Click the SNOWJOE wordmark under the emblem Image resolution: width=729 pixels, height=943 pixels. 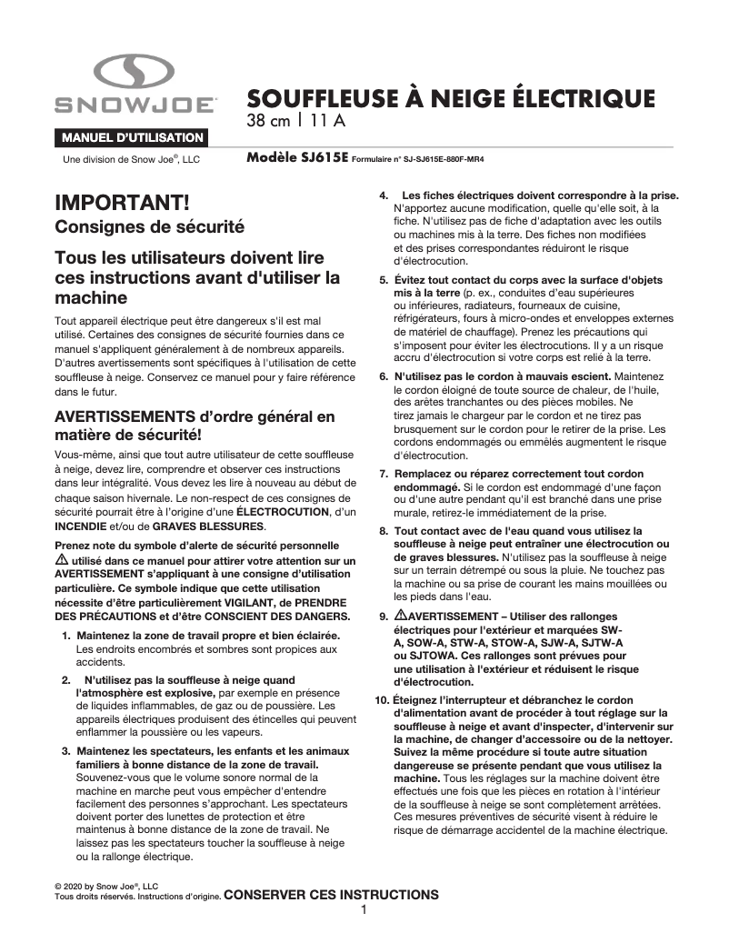coord(135,106)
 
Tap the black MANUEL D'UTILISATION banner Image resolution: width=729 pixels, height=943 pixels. coord(132,137)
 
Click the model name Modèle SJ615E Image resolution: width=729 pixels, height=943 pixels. coord(296,156)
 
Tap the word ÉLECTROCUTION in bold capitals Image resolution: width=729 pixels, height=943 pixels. coord(264,513)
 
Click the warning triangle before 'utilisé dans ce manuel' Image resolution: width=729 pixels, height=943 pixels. coord(62,561)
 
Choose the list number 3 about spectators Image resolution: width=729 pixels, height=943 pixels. coord(65,750)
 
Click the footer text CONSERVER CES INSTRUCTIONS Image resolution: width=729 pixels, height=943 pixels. coord(331,895)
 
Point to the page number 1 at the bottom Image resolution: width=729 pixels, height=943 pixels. coord(364,910)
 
